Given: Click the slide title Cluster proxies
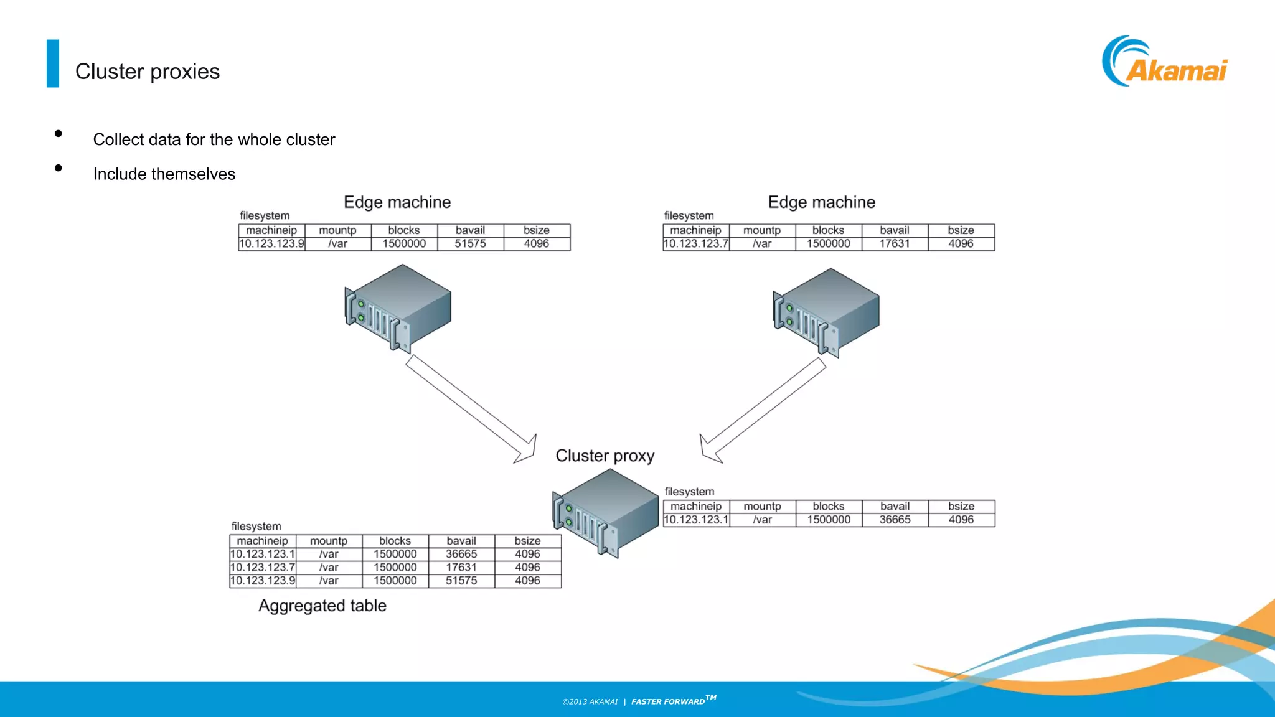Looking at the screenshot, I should coord(148,72).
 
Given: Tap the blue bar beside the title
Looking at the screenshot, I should coord(53,63).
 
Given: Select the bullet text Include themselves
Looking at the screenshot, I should coord(164,174).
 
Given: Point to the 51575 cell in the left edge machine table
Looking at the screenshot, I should coord(470,244).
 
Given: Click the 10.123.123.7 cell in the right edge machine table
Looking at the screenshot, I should coord(695,244).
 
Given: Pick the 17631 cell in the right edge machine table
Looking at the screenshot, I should coord(895,244).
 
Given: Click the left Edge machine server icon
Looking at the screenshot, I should coord(398,308).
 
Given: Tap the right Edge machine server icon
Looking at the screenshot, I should coord(827,312).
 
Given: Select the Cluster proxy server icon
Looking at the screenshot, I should coord(606,513).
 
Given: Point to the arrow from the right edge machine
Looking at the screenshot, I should coord(763,411).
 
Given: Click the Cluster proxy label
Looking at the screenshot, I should coord(605,456).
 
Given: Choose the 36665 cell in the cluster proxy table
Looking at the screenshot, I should coord(895,520).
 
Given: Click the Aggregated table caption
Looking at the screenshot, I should coord(322,606).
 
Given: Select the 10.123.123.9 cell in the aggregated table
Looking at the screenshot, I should coord(263,581).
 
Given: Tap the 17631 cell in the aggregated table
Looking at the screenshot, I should coord(461,568).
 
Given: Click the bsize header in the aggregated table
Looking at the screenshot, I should coord(527,541).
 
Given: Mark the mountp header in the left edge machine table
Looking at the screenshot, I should coord(337,230).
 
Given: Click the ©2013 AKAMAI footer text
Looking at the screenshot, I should coord(590,702).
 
